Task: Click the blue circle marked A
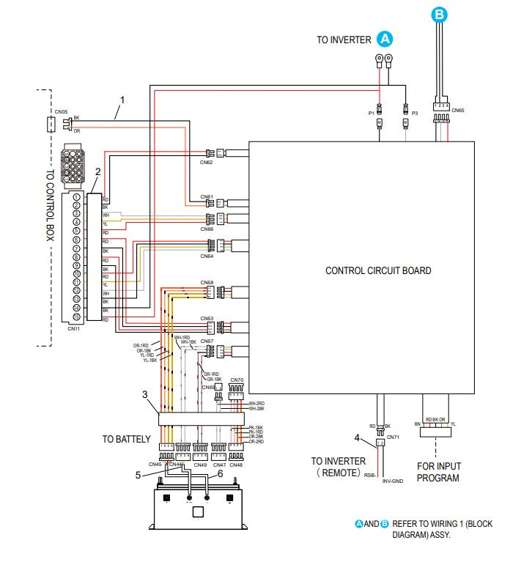point(385,39)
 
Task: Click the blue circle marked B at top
point(439,13)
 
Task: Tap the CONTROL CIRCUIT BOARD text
point(378,270)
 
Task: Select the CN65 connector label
point(458,111)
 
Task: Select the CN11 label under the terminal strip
point(73,329)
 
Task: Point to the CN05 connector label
point(62,111)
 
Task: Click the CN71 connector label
point(394,437)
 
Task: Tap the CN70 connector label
point(236,380)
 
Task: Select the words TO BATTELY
point(127,440)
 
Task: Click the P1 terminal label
point(371,114)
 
